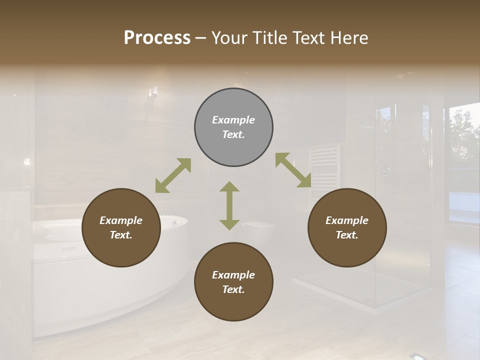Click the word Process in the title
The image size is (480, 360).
coord(157,38)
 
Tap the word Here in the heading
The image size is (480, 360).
coord(348,38)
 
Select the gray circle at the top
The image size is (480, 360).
coord(233,127)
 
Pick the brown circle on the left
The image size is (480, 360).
coord(121,228)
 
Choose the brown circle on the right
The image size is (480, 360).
coord(347,228)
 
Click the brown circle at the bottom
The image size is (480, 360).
coord(233,282)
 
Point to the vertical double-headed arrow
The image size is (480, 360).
coord(229,205)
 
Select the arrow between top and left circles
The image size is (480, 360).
coord(173,175)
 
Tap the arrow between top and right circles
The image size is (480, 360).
coord(293,170)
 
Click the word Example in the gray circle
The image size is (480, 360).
coord(233,120)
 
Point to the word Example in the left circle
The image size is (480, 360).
coord(121,220)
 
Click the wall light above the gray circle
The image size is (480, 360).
coord(153,92)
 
